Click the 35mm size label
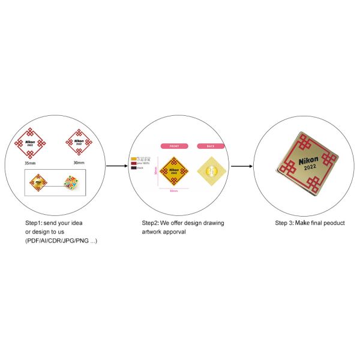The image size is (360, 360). [29, 163]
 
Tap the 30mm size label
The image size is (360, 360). [79, 163]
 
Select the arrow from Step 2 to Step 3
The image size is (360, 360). [241, 166]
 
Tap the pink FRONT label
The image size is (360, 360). [174, 146]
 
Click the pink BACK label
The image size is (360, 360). [210, 146]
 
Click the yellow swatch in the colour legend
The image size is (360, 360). [134, 159]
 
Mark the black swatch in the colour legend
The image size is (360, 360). [134, 168]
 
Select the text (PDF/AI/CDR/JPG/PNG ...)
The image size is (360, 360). [61, 241]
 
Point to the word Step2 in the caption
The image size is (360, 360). [151, 223]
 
